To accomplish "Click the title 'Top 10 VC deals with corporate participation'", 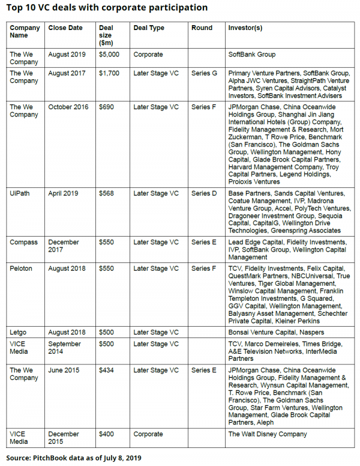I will [x=108, y=8].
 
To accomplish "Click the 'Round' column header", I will [x=202, y=28].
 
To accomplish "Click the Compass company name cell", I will [x=23, y=242].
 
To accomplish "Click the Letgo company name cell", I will [x=19, y=331].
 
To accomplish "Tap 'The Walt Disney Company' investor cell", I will [x=268, y=434].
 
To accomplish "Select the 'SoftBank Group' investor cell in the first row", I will [x=252, y=54].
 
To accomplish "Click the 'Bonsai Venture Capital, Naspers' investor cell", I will [x=276, y=331].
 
